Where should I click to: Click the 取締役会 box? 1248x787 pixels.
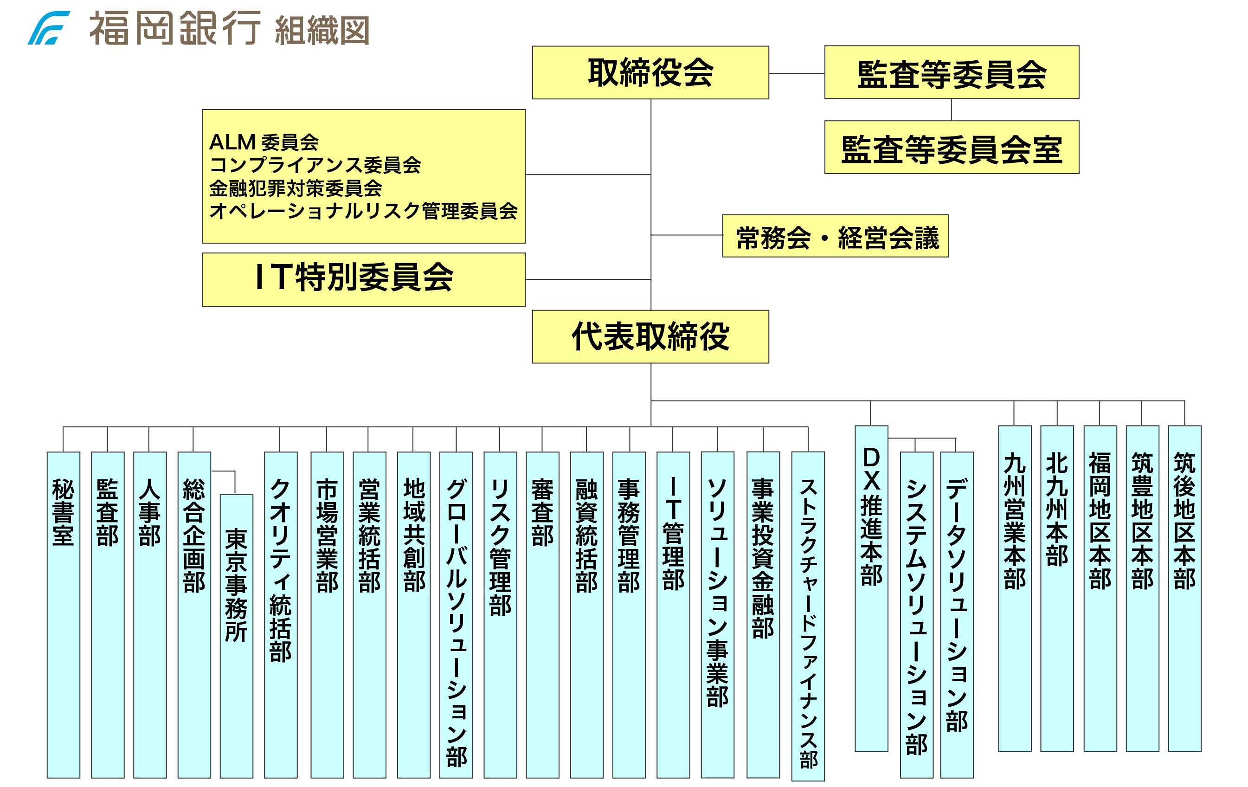(x=650, y=72)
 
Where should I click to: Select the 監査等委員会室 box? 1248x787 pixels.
(x=951, y=147)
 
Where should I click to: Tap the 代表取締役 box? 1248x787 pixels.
(x=650, y=336)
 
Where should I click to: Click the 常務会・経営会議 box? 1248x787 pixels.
(x=835, y=236)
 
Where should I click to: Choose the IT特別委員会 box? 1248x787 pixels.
(x=363, y=279)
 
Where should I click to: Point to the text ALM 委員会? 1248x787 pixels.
(x=263, y=142)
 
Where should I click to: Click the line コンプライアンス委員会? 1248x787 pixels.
(x=315, y=165)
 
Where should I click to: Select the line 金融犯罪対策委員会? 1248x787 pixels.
(x=296, y=187)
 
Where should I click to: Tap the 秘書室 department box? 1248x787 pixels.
(x=63, y=614)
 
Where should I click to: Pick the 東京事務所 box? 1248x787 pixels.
(x=236, y=635)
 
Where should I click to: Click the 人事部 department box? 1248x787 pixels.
(x=150, y=614)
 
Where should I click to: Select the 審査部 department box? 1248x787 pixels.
(x=542, y=614)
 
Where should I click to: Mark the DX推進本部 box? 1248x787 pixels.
(x=871, y=588)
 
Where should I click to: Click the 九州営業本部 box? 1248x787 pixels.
(x=1014, y=588)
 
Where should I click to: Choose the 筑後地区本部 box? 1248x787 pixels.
(x=1184, y=588)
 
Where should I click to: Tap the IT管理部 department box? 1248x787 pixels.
(x=673, y=614)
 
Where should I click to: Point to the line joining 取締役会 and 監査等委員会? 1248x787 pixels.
(x=796, y=74)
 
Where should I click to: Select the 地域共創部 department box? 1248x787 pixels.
(x=413, y=614)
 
